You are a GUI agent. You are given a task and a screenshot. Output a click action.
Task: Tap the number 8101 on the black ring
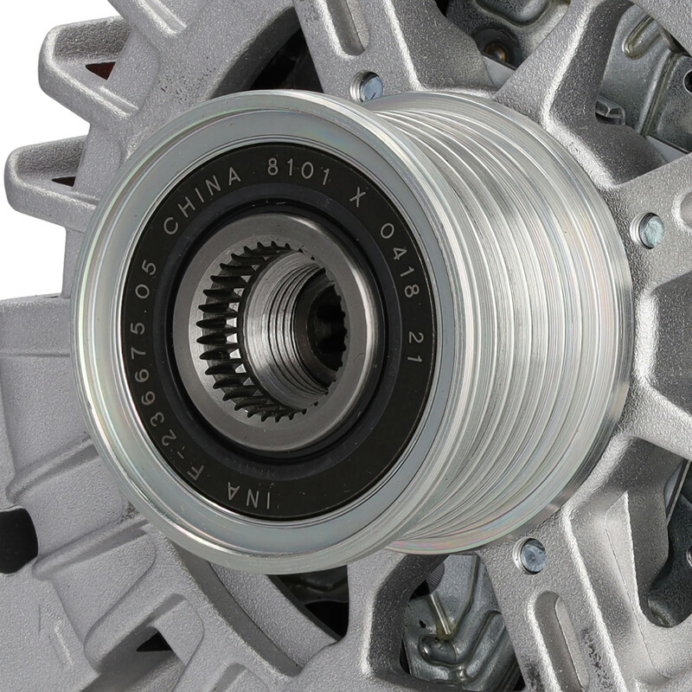[x=298, y=170]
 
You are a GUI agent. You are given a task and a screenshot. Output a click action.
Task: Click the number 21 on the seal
[x=415, y=348]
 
